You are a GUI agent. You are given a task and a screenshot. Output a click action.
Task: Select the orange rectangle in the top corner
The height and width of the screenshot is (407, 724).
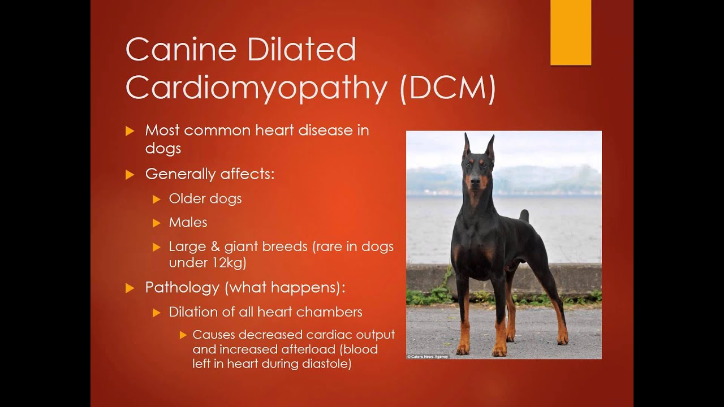coord(570,32)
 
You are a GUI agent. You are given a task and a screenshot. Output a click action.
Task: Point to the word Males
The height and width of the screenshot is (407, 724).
coord(188,222)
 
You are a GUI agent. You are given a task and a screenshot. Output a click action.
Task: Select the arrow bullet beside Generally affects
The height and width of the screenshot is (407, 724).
coord(130,174)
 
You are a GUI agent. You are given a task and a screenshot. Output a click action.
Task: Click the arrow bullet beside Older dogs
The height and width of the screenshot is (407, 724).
coord(157,199)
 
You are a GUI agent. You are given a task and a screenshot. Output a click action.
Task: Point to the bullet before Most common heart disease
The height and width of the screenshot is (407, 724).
coord(130,131)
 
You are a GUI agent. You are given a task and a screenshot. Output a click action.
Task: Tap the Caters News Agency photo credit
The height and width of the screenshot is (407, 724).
coord(428,357)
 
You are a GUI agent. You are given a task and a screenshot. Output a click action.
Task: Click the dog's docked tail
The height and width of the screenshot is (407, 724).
coord(524,215)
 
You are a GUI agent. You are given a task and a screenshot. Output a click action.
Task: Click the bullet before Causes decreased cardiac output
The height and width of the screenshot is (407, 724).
coord(183,335)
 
